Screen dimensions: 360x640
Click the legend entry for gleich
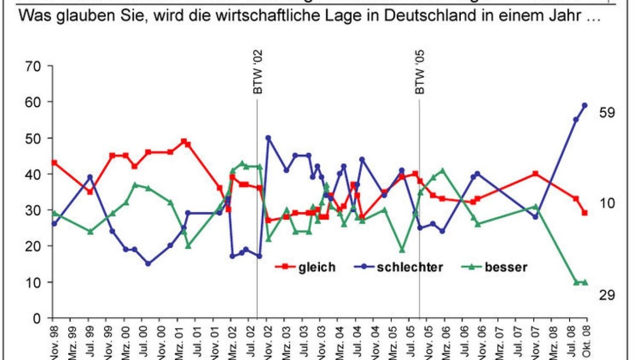(306, 267)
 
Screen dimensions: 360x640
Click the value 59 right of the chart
(608, 113)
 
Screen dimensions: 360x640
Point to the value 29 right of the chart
(608, 295)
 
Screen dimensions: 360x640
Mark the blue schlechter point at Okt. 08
(585, 105)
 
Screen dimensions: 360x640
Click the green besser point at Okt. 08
(585, 282)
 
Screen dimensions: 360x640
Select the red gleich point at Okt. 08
(585, 213)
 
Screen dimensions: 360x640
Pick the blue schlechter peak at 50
(268, 138)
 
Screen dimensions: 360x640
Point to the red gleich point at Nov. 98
(54, 163)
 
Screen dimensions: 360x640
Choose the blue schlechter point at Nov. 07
(535, 217)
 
